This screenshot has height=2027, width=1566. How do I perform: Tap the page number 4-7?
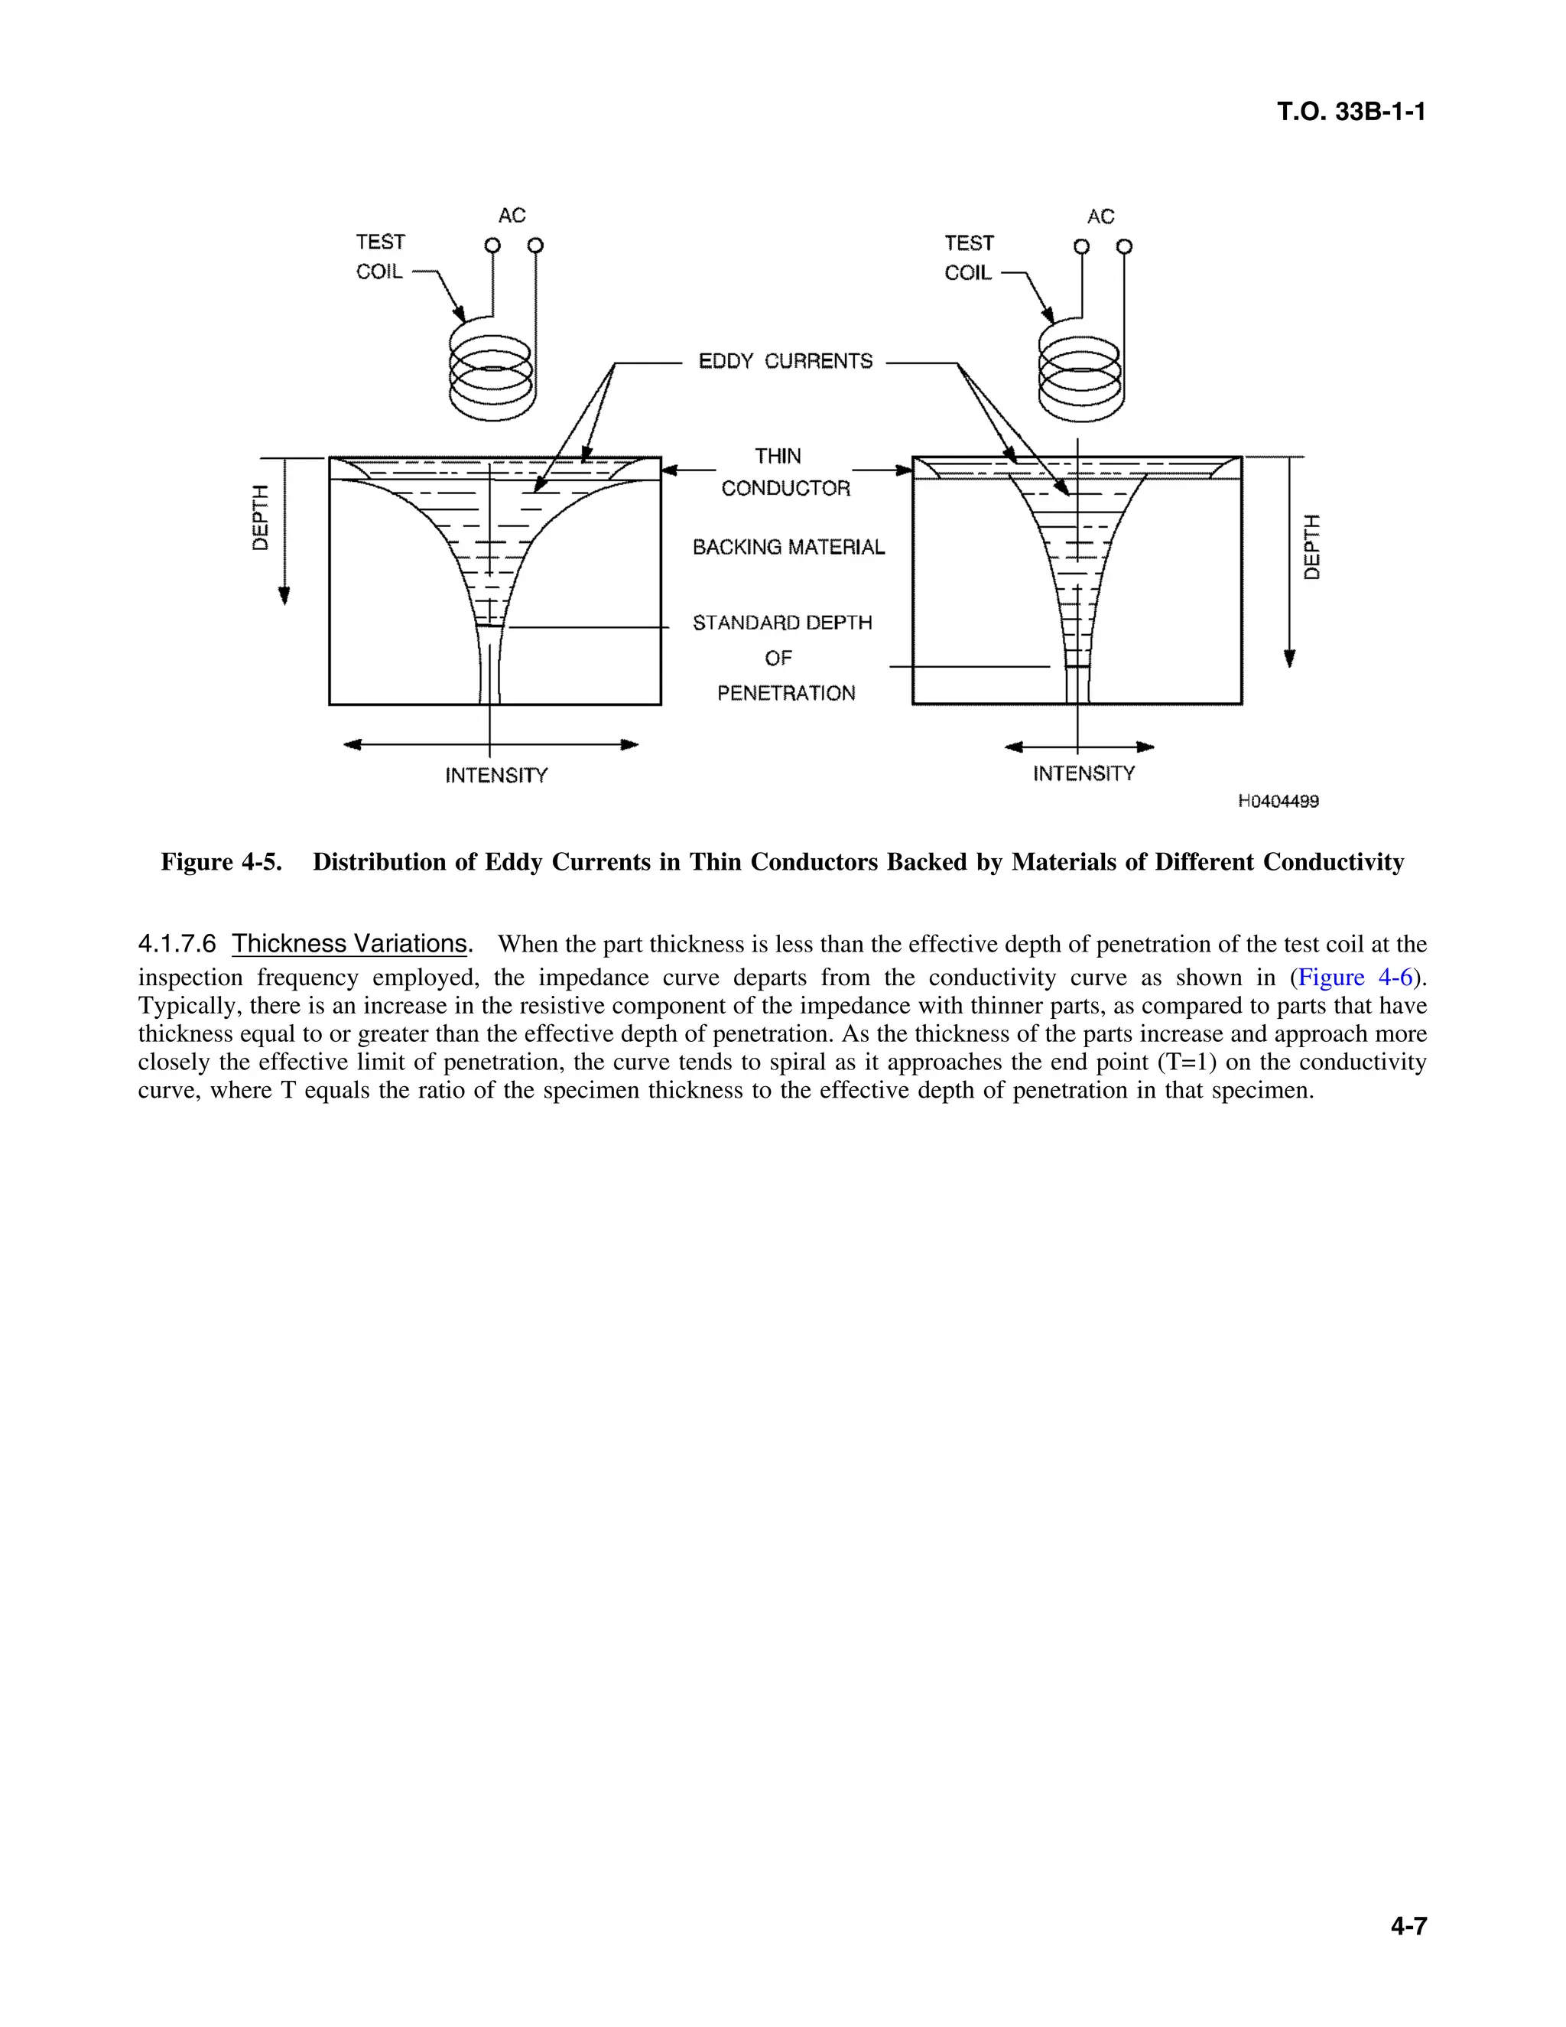tap(1408, 1926)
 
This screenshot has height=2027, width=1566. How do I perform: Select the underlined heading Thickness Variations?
tap(349, 944)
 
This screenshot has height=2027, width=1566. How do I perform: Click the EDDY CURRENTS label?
tap(785, 361)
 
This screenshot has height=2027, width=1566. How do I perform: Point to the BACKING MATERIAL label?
tap(788, 548)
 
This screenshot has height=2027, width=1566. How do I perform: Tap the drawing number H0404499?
tap(1278, 801)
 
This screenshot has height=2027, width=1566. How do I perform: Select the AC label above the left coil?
tap(512, 216)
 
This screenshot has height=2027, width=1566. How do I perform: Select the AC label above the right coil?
tap(1100, 216)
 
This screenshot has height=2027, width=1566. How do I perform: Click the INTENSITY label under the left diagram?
tap(496, 776)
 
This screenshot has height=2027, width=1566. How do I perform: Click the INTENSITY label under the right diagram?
tap(1084, 774)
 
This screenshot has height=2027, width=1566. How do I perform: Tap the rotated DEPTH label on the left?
tap(261, 517)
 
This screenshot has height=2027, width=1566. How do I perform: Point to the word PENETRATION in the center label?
tap(786, 693)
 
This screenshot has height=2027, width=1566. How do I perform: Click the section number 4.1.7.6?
tap(177, 944)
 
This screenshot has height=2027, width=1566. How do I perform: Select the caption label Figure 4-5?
tap(221, 862)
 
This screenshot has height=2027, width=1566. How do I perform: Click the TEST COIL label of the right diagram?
tap(969, 258)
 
